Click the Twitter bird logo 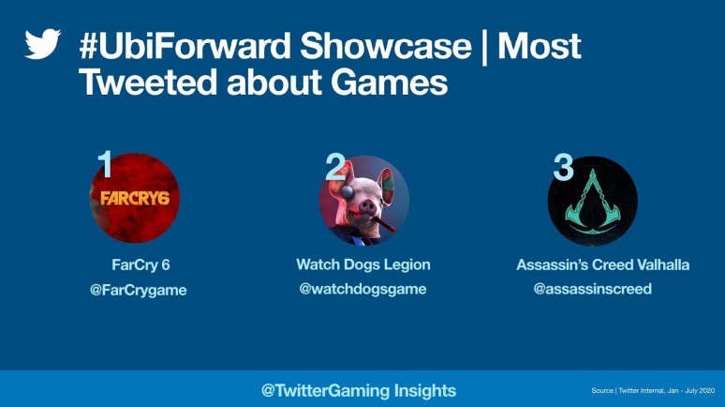(42, 44)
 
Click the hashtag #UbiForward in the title (185, 46)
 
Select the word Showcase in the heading (386, 46)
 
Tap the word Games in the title (389, 82)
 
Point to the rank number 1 (106, 163)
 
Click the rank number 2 (335, 167)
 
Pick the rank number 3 (563, 167)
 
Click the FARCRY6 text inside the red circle (135, 198)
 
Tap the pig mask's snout (367, 207)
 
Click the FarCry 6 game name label (141, 264)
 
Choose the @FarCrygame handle (139, 290)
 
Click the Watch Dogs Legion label (362, 264)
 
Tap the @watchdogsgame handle (362, 289)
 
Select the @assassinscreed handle (592, 289)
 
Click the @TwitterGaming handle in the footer (326, 390)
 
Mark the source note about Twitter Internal (653, 390)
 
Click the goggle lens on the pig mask (347, 191)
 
